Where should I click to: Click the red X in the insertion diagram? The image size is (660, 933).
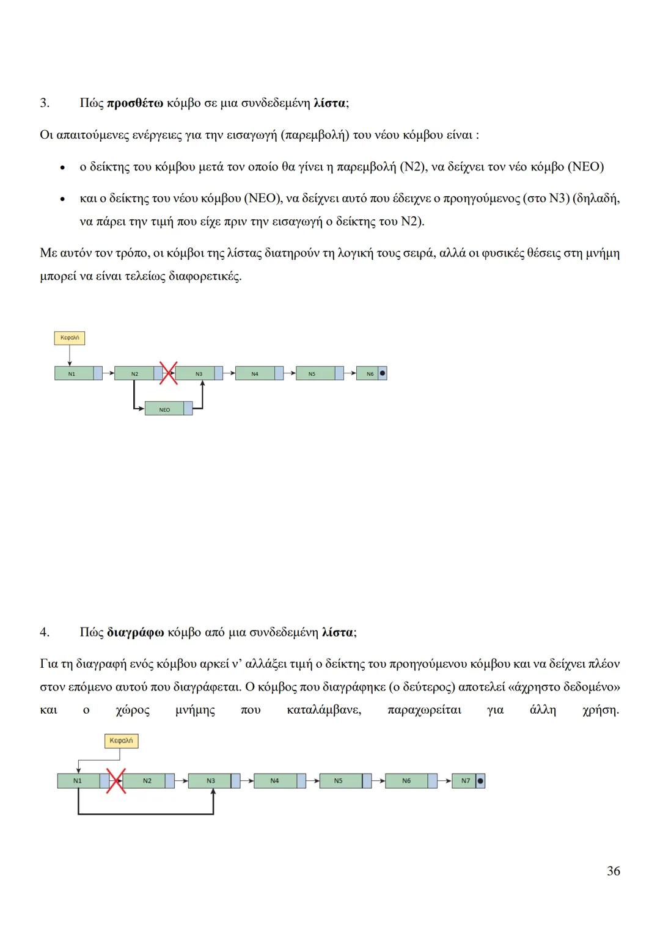(x=168, y=373)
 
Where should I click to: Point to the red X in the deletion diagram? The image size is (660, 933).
(x=116, y=781)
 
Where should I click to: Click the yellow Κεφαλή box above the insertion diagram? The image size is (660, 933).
(x=69, y=337)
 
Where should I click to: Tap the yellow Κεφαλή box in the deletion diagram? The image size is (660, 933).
(x=121, y=741)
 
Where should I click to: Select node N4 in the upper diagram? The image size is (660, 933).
(x=255, y=373)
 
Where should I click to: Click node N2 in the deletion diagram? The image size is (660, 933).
(x=147, y=781)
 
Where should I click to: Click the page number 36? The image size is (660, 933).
(x=613, y=871)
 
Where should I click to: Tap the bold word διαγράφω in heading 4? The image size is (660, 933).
(x=135, y=632)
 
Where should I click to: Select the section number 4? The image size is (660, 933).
(x=44, y=632)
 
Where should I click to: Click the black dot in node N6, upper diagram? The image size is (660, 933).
(x=382, y=373)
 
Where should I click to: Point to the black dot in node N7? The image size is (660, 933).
(x=480, y=781)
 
